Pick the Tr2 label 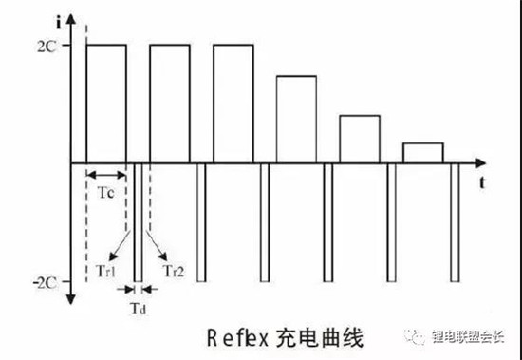(174, 270)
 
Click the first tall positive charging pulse (106, 104)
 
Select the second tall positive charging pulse (170, 104)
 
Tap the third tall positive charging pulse (233, 104)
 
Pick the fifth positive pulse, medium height (359, 139)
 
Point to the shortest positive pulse (422, 152)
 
